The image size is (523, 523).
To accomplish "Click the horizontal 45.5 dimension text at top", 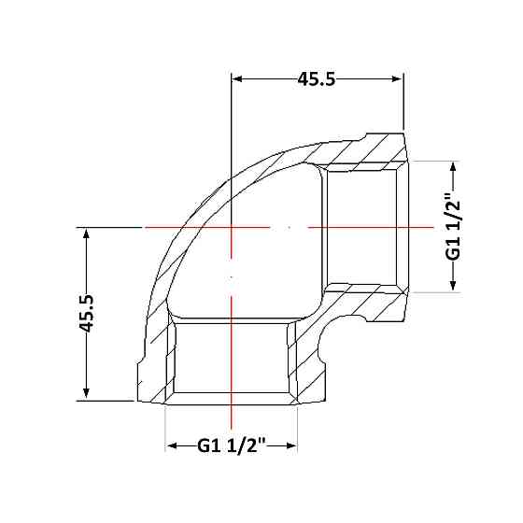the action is pyautogui.click(x=317, y=79).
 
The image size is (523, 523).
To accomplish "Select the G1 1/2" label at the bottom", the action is pyautogui.click(x=232, y=445).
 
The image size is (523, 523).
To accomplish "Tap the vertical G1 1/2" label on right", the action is pyautogui.click(x=453, y=226).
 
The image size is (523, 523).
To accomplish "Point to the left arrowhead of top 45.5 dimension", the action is pyautogui.click(x=236, y=79).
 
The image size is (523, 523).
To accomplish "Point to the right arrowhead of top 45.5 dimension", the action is pyautogui.click(x=398, y=79).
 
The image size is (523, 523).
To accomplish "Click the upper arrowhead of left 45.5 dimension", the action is pyautogui.click(x=86, y=233).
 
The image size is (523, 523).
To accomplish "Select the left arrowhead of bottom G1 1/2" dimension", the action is pyautogui.click(x=171, y=445).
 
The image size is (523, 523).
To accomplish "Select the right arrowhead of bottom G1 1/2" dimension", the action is pyautogui.click(x=291, y=445).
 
